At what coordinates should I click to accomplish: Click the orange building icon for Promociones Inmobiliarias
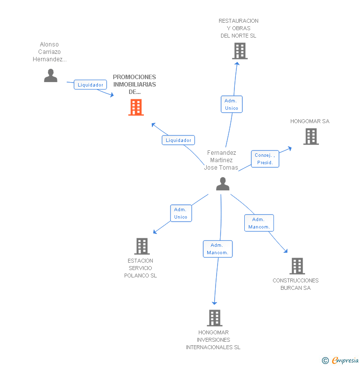[136, 107]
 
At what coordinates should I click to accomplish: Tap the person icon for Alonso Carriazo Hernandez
[50, 75]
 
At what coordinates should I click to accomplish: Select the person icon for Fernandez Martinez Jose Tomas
[223, 184]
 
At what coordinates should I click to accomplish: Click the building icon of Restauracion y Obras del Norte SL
[239, 51]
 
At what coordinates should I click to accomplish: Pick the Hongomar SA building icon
[311, 137]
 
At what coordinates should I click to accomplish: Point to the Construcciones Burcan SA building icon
[297, 266]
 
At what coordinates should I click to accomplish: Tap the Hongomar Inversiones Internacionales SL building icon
[214, 318]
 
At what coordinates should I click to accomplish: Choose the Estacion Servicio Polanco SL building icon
[142, 246]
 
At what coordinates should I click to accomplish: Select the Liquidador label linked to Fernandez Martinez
[179, 140]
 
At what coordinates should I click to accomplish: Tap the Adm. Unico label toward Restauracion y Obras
[231, 104]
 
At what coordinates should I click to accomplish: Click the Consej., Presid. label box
[265, 159]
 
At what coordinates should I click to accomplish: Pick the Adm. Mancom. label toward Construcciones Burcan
[259, 223]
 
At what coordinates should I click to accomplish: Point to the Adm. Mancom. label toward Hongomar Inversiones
[218, 249]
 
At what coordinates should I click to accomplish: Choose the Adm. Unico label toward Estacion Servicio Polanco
[180, 213]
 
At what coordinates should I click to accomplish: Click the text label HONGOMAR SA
[310, 121]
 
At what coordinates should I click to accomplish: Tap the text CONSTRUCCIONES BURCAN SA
[296, 284]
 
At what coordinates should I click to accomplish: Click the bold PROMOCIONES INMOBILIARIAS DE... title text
[134, 84]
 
